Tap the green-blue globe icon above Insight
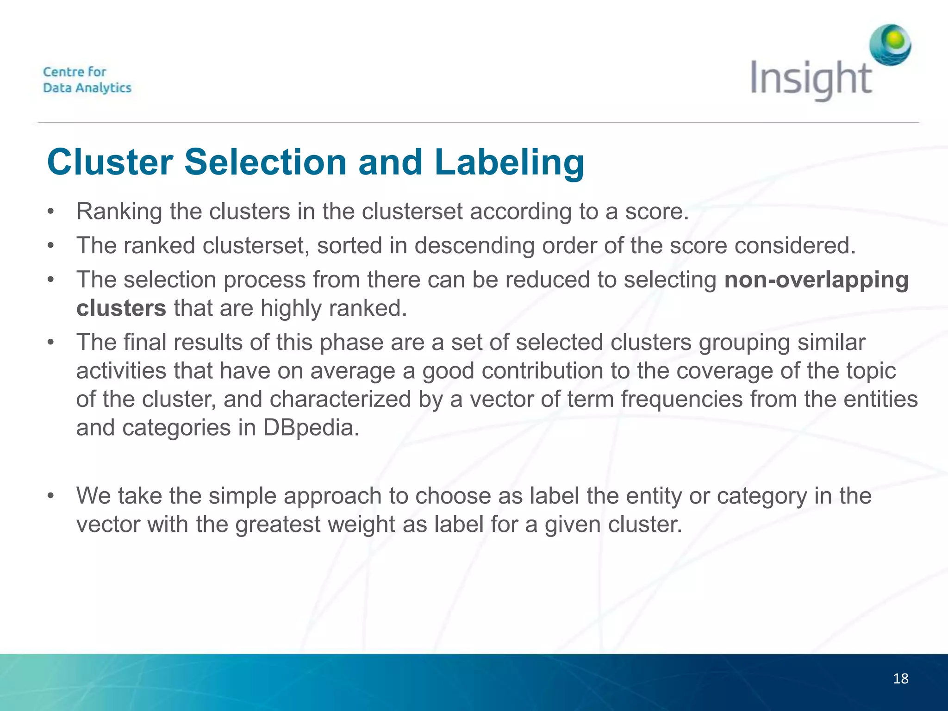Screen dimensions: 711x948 click(890, 45)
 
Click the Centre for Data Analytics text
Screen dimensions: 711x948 click(87, 80)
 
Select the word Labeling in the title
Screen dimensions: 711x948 click(509, 162)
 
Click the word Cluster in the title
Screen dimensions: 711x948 click(110, 162)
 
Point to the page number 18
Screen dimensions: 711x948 click(900, 679)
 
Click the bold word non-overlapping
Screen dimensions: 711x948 click(816, 280)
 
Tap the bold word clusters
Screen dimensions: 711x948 click(121, 308)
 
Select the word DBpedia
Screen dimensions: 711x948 click(311, 428)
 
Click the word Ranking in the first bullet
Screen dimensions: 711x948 click(119, 212)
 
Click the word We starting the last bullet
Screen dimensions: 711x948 click(94, 496)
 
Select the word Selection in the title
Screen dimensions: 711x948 click(266, 162)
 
